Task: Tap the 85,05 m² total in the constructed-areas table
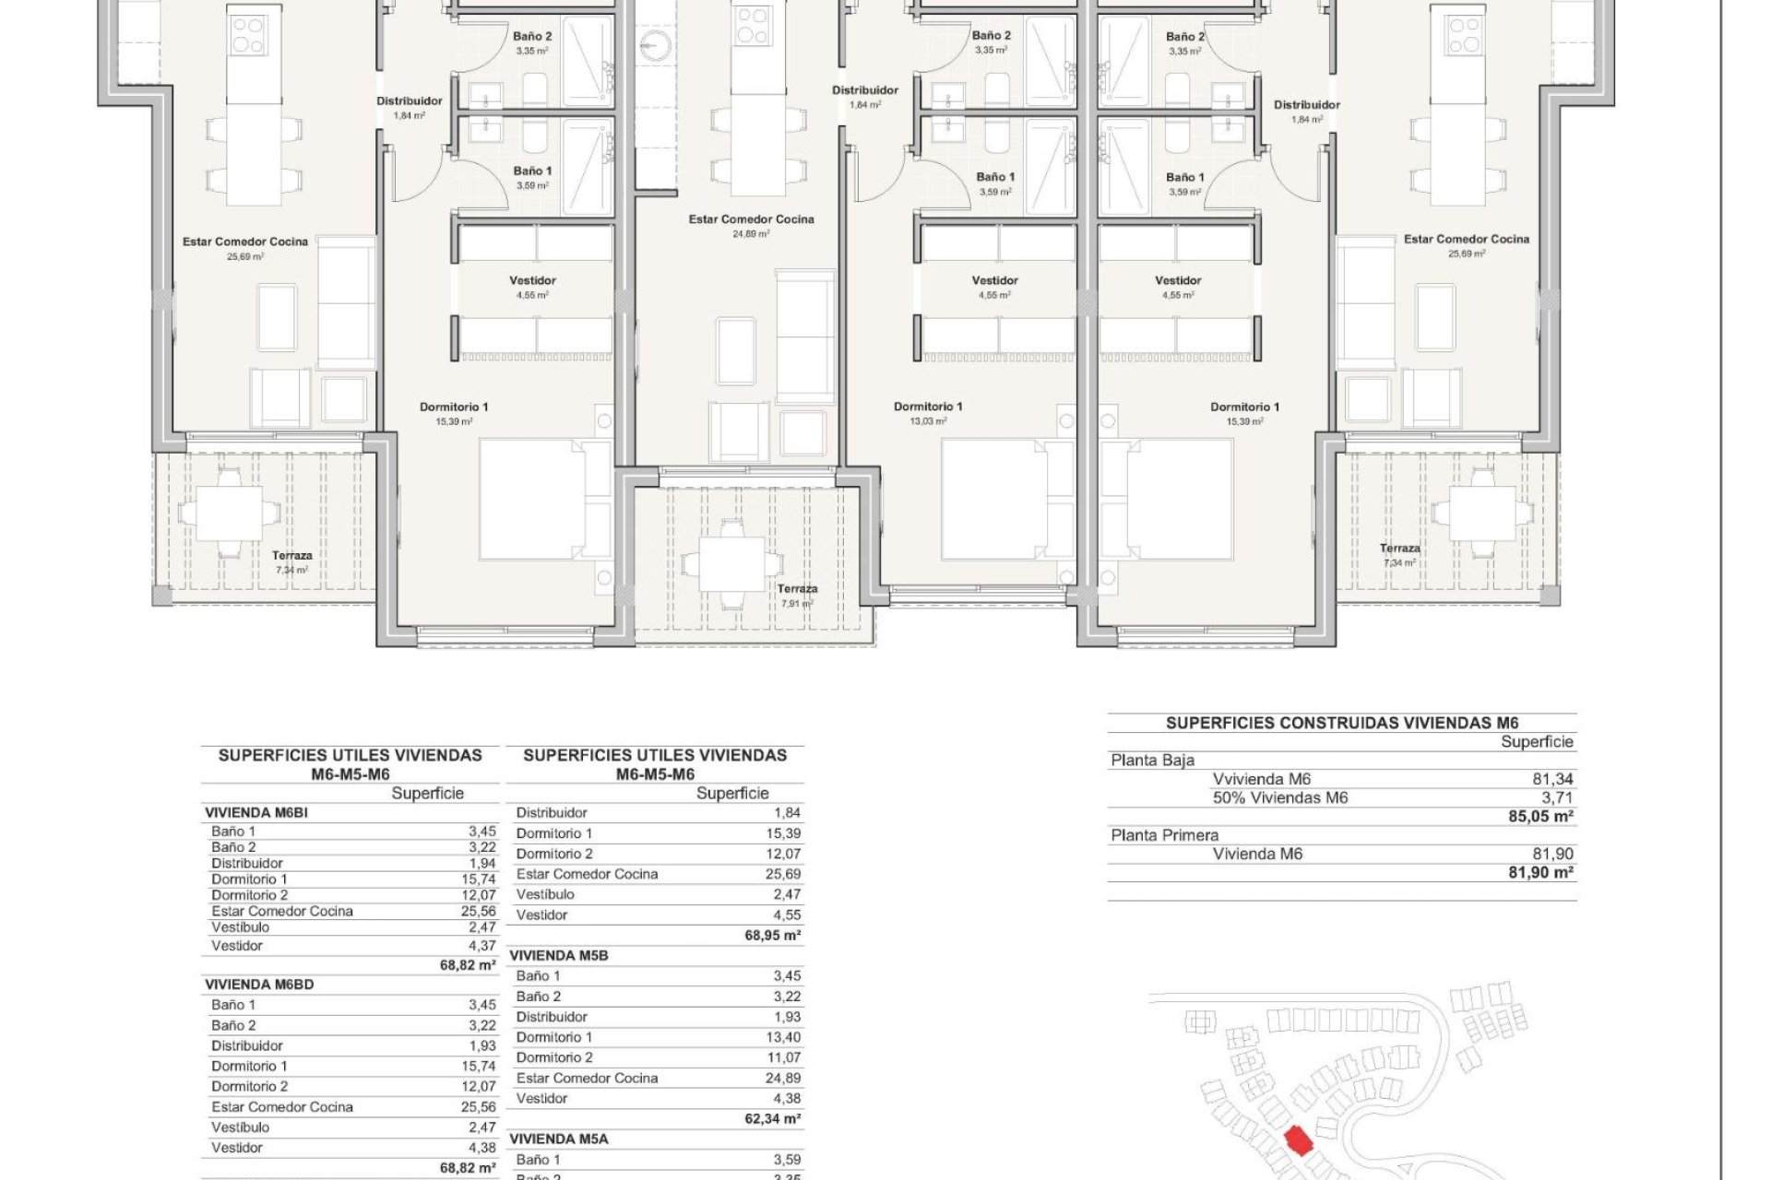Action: [x=1540, y=817]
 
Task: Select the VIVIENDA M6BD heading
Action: [x=259, y=985]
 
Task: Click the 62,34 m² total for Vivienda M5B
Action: [x=773, y=1119]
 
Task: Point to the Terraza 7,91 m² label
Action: [x=797, y=595]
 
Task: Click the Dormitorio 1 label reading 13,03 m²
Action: [x=928, y=412]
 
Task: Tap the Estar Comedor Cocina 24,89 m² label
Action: [x=751, y=225]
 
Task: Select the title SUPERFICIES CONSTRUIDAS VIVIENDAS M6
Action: [x=1342, y=723]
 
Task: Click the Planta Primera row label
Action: [x=1164, y=835]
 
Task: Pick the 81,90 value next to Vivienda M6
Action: [x=1552, y=854]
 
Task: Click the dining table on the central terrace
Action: [x=732, y=563]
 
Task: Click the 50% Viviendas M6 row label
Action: [x=1279, y=797]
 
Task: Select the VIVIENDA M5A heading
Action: [x=558, y=1139]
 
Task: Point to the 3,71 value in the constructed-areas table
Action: [x=1557, y=797]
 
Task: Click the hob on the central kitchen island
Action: [x=754, y=26]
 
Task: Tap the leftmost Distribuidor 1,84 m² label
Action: [x=409, y=107]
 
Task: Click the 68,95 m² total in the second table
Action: [x=773, y=936]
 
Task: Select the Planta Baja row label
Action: [x=1152, y=761]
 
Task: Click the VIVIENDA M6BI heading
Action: [x=256, y=813]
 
